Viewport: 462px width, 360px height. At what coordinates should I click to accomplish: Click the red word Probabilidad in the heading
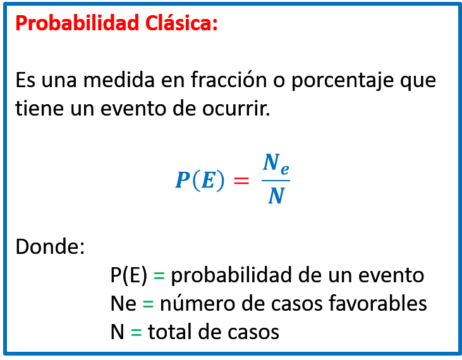[x=77, y=23]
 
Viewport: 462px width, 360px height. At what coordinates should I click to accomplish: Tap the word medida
[x=119, y=80]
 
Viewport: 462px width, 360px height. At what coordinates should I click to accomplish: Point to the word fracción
[x=229, y=80]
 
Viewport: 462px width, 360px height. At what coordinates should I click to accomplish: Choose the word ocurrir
[x=236, y=109]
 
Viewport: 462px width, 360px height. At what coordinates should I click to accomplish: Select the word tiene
[x=39, y=108]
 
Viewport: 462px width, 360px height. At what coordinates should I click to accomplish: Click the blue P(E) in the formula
[x=200, y=180]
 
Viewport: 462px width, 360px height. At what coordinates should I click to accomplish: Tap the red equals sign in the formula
[x=241, y=181]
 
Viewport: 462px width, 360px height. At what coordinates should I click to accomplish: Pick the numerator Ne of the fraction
[x=276, y=164]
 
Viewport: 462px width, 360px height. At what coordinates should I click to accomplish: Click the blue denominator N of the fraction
[x=276, y=195]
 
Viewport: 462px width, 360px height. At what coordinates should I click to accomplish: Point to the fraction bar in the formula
[x=276, y=181]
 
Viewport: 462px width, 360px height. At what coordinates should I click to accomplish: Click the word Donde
[x=50, y=246]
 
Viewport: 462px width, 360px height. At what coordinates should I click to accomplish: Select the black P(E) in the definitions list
[x=129, y=275]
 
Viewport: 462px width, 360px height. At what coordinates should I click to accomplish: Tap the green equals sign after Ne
[x=148, y=304]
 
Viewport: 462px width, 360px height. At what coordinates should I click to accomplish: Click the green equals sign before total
[x=136, y=332]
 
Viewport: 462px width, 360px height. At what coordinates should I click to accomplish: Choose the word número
[x=197, y=303]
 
